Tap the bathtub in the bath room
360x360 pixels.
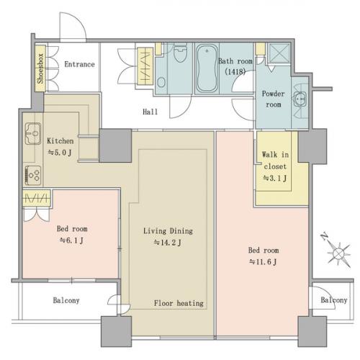[207, 68]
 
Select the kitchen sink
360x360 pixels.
[33, 133]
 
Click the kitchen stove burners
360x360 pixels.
[33, 176]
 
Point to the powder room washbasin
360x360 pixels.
[300, 99]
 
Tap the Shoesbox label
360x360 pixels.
[40, 68]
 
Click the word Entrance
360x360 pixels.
[79, 64]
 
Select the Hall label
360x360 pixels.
[150, 112]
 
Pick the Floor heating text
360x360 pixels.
[179, 303]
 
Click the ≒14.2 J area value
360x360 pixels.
[167, 243]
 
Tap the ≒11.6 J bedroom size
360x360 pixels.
[263, 262]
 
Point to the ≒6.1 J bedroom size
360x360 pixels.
[71, 240]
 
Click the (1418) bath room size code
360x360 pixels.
[235, 71]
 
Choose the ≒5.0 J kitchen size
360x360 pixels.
[60, 153]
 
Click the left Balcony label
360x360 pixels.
[66, 300]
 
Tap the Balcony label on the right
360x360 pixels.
[334, 300]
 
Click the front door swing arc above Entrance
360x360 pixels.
[79, 20]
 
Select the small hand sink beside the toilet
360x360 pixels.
[161, 82]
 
